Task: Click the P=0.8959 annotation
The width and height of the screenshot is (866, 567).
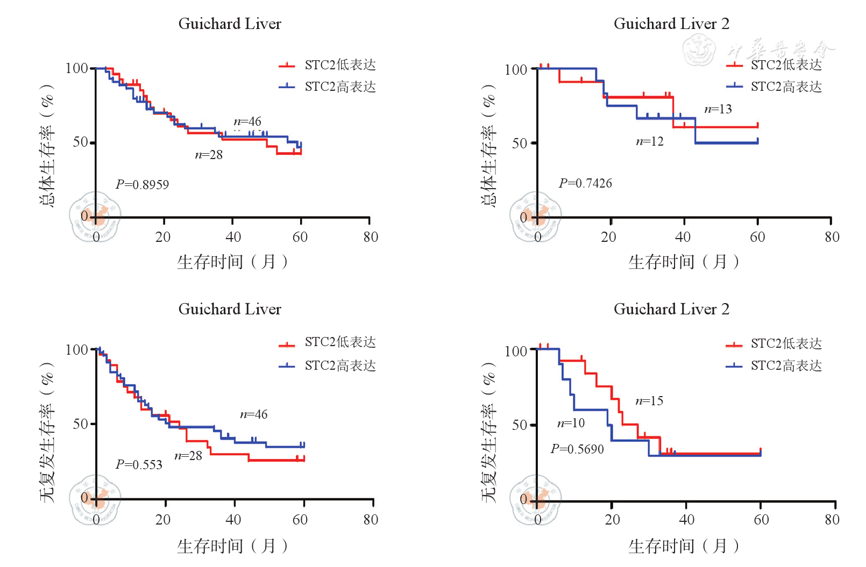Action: pyautogui.click(x=142, y=185)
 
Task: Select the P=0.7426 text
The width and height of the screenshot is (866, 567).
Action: pyautogui.click(x=585, y=183)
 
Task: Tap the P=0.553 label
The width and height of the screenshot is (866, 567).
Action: pyautogui.click(x=139, y=465)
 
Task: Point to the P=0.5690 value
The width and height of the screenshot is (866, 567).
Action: pyautogui.click(x=577, y=449)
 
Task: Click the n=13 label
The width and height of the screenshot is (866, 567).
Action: pyautogui.click(x=718, y=109)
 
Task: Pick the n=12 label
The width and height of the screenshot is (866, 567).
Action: pyautogui.click(x=650, y=141)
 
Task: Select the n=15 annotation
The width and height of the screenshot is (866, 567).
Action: pyautogui.click(x=649, y=401)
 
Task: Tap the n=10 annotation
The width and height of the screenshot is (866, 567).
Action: pyautogui.click(x=571, y=423)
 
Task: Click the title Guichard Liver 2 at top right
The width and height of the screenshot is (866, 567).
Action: pyautogui.click(x=671, y=24)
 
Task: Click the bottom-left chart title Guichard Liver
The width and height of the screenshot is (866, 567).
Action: pyautogui.click(x=230, y=309)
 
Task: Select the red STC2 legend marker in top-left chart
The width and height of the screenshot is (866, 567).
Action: pyautogui.click(x=287, y=66)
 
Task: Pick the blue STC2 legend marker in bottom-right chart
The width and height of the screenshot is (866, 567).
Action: pyautogui.click(x=734, y=366)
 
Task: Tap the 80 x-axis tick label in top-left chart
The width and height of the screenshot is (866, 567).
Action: pyautogui.click(x=371, y=237)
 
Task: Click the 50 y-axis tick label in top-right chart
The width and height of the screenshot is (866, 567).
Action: pyautogui.click(x=519, y=143)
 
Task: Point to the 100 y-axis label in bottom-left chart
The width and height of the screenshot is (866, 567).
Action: pyautogui.click(x=76, y=350)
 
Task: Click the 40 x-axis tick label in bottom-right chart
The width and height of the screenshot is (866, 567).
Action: pyautogui.click(x=686, y=520)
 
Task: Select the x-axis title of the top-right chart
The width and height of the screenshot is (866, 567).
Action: pyautogui.click(x=683, y=262)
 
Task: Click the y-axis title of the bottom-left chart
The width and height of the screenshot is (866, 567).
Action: pyautogui.click(x=47, y=433)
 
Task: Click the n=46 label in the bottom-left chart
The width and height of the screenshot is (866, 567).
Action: pyautogui.click(x=253, y=414)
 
